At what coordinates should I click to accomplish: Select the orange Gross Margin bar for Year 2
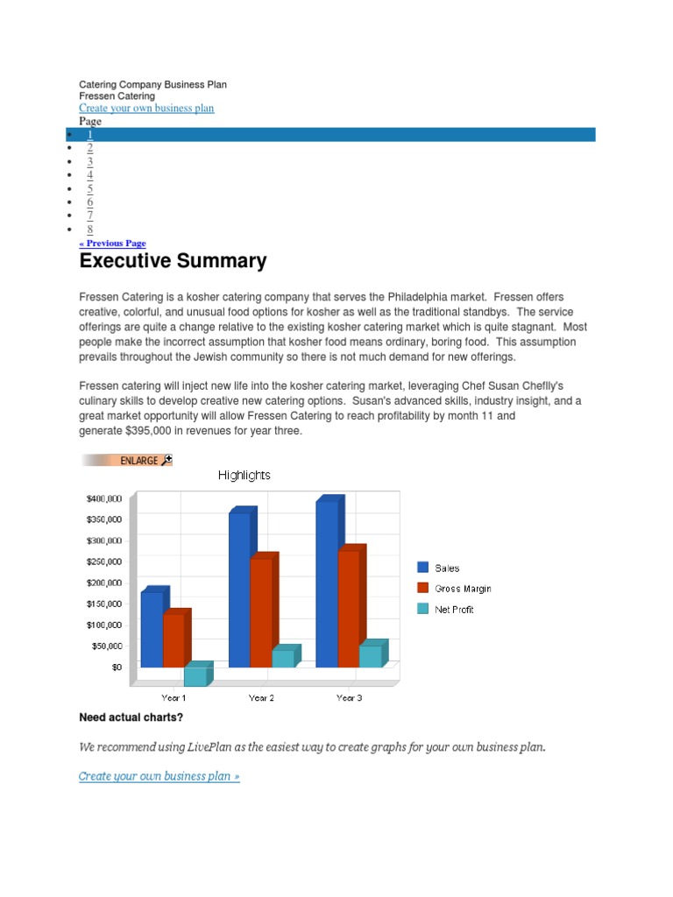pos(260,612)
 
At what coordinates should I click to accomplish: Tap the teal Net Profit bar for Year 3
pos(370,656)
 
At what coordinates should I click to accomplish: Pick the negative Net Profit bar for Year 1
pos(195,675)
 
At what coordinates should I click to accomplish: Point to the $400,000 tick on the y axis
pos(103,498)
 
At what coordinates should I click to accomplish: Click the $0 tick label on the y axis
pos(117,667)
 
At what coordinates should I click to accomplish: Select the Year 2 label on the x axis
pos(261,698)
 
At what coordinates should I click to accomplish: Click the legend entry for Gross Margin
pos(463,589)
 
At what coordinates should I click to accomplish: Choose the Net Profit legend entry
pos(454,610)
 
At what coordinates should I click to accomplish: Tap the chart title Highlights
pos(244,475)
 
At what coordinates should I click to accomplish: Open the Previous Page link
pos(113,244)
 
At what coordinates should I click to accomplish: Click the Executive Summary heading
pos(173,261)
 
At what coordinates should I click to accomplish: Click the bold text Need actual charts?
pos(131,718)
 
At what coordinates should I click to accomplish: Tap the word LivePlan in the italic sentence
pos(208,747)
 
